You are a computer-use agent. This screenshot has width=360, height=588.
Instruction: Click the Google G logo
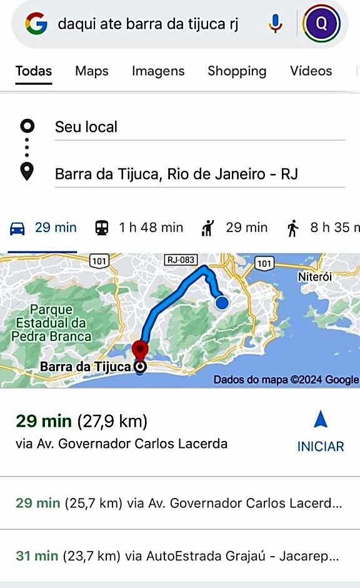pos(36,24)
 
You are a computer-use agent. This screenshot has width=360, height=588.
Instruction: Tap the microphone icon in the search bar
pos(275,24)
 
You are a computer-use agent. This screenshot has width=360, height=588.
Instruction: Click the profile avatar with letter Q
pos(321,24)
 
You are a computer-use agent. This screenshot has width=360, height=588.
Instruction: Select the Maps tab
pos(92,71)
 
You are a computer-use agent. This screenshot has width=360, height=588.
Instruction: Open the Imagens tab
pos(158,71)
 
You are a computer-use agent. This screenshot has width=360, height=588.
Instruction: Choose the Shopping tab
pos(237,71)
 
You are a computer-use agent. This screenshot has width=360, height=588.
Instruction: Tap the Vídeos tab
pos(311,71)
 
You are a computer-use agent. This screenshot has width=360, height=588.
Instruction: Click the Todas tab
pos(34,71)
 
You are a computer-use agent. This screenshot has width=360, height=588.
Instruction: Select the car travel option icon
pos(17,228)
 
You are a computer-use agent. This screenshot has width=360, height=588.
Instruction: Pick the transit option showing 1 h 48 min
pos(139,228)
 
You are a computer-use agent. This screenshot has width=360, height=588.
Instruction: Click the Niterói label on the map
pos(315,276)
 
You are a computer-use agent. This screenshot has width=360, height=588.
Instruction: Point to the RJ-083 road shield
pos(181,260)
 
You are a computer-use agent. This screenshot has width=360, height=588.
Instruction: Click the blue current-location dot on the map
pos(222,303)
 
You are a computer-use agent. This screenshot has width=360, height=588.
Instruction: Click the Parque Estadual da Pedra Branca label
pos(51,323)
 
